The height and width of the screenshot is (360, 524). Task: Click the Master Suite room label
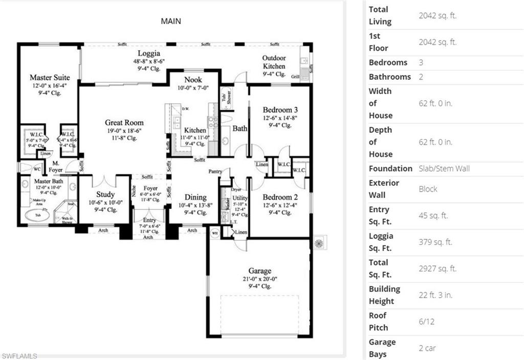(50, 78)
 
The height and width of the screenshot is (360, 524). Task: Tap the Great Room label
(124, 123)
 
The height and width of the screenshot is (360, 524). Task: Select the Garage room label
(260, 271)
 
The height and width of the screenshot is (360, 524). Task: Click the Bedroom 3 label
(280, 110)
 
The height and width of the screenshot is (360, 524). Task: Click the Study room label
(105, 195)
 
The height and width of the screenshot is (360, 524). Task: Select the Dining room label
(195, 197)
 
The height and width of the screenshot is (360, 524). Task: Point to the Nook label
(193, 80)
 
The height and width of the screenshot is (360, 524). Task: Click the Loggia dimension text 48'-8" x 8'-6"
(149, 62)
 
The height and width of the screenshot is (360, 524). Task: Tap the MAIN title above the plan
(171, 21)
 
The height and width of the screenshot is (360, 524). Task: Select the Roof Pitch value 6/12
(428, 322)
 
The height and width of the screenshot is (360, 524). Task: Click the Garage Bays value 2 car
(428, 348)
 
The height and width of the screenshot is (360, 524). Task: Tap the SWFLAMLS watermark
(19, 355)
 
